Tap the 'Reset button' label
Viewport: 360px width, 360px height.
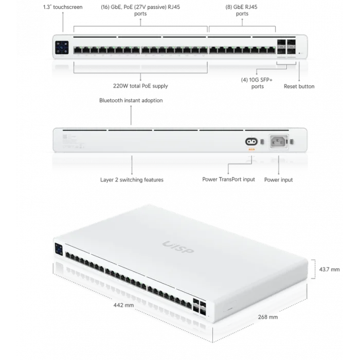(x=299, y=86)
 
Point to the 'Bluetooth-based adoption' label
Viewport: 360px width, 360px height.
(x=132, y=100)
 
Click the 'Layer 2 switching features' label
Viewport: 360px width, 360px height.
(x=132, y=181)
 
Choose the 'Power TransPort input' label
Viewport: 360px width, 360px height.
(x=228, y=181)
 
